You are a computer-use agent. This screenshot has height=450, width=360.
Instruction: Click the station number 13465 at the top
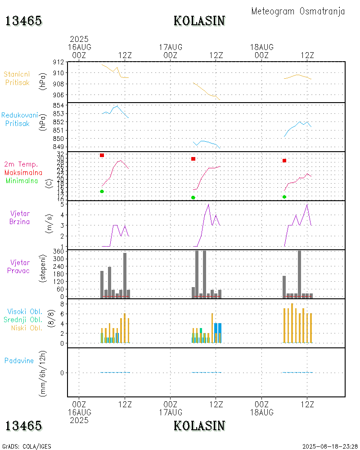tap(23, 21)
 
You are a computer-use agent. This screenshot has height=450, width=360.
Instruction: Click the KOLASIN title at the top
tap(199, 21)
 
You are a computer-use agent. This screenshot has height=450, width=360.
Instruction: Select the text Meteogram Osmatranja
tap(298, 11)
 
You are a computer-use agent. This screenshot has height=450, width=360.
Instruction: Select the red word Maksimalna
tap(23, 172)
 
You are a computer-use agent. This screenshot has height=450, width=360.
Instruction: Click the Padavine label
tap(19, 360)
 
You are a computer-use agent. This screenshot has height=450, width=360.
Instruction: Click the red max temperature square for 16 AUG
tap(102, 155)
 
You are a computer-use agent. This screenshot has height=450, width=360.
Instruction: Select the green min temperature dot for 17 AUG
tap(193, 198)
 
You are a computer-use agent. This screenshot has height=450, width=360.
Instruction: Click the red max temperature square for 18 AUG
tap(284, 161)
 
